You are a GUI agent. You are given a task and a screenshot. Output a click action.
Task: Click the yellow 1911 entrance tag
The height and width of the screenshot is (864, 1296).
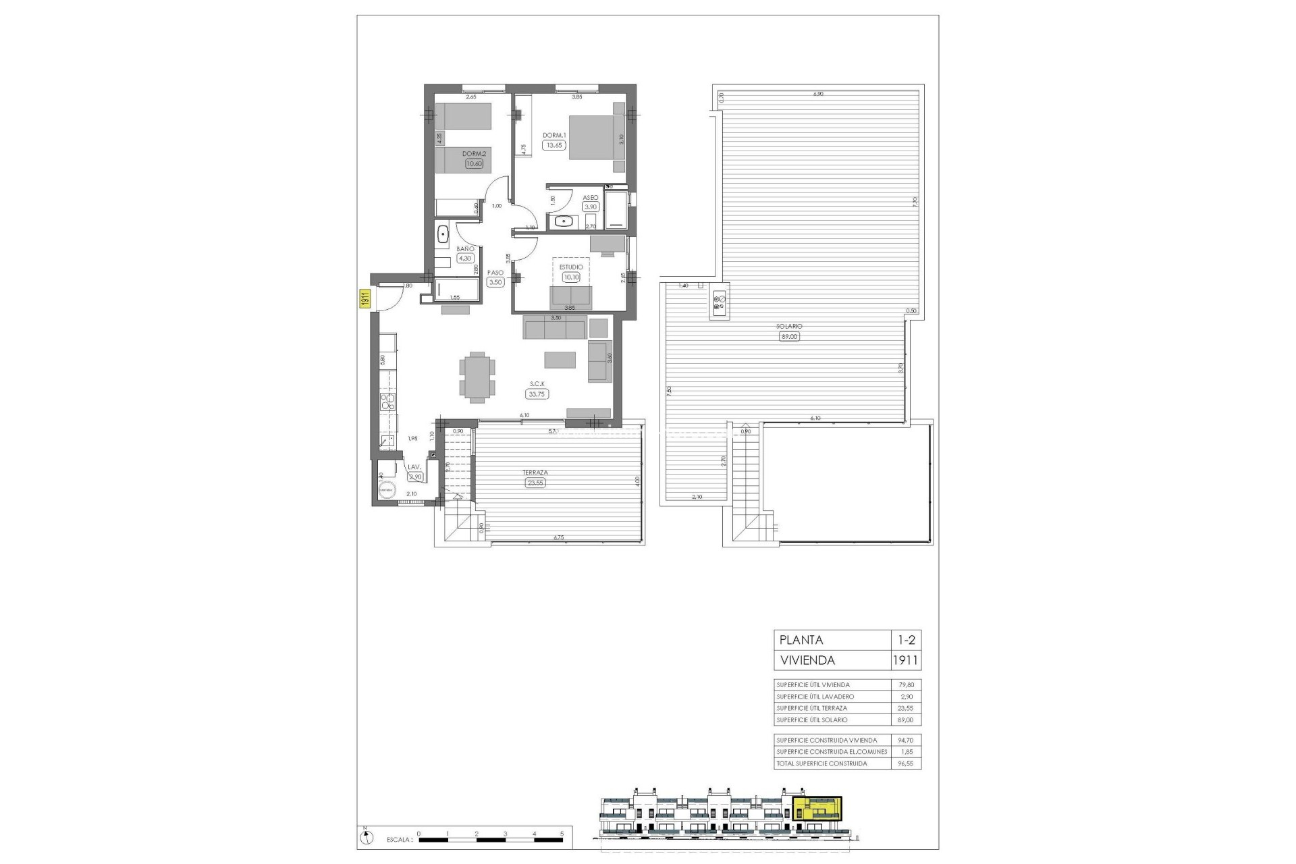(x=362, y=298)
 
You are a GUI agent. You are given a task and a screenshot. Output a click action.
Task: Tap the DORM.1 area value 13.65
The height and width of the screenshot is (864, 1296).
(x=554, y=145)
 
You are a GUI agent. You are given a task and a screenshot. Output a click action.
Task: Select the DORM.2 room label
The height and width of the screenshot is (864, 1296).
(x=474, y=154)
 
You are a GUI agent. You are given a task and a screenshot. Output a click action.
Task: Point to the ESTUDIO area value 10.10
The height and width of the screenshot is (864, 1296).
(x=571, y=277)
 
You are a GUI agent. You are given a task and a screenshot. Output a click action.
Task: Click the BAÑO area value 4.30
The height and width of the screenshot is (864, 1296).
(x=465, y=258)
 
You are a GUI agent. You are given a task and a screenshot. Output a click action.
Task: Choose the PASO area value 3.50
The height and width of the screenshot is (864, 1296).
(x=495, y=282)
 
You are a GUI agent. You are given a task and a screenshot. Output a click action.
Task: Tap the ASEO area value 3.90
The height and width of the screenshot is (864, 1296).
(x=591, y=207)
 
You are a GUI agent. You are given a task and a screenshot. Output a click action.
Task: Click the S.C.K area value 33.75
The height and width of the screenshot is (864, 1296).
(x=538, y=394)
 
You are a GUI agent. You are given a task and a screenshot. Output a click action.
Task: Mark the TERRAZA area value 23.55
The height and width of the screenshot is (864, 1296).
(x=535, y=483)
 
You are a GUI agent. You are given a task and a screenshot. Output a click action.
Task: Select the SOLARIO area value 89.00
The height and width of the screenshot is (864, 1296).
(x=789, y=336)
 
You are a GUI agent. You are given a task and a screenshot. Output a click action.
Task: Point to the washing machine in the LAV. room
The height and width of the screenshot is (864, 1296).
(x=387, y=491)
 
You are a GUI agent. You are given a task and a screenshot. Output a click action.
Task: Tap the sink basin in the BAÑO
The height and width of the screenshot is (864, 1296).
(x=443, y=234)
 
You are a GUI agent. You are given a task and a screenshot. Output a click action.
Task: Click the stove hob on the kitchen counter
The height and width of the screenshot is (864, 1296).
(x=387, y=402)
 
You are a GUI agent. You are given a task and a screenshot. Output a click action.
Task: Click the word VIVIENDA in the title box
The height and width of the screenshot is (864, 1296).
(x=807, y=660)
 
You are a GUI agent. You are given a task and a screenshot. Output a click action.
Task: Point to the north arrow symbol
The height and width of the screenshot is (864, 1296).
(x=365, y=838)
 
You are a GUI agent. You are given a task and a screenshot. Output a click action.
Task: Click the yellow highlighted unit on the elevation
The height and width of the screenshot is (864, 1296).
(x=817, y=808)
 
